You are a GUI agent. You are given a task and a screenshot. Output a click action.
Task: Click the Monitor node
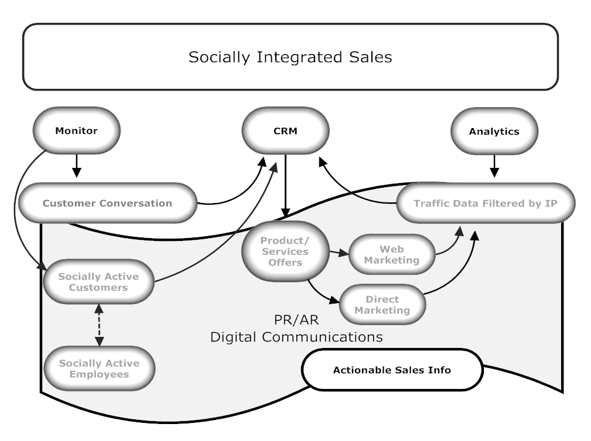click(77, 130)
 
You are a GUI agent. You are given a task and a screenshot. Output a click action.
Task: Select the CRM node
click(285, 131)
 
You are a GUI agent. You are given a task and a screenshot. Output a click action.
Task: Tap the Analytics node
click(494, 132)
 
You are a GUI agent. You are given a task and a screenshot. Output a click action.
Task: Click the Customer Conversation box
click(107, 203)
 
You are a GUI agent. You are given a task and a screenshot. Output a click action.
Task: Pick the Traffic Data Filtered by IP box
click(486, 203)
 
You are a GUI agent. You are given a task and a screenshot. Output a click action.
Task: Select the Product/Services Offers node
click(285, 251)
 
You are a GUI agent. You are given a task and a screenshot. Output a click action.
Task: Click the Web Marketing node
click(392, 254)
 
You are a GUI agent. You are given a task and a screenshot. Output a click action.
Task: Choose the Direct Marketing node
click(382, 304)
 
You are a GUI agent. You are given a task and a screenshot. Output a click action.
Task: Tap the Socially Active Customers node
click(99, 282)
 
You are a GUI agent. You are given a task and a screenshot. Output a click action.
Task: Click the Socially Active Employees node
click(100, 368)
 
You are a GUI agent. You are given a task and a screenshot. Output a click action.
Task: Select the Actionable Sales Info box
click(392, 370)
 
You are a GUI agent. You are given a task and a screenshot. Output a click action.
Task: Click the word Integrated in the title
click(300, 57)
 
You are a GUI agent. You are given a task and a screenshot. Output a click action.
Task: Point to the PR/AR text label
click(296, 320)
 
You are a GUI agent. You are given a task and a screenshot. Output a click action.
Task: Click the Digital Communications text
click(296, 337)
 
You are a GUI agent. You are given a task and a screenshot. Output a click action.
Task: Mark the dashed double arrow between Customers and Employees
click(99, 325)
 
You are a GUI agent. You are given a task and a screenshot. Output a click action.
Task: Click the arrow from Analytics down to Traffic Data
click(494, 166)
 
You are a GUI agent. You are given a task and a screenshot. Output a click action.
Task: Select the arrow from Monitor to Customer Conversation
click(77, 166)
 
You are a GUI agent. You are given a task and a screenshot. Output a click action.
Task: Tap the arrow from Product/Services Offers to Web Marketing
click(339, 253)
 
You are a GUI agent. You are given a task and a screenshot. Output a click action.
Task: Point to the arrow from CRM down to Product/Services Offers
click(285, 186)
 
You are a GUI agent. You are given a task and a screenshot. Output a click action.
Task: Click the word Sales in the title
click(371, 57)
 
